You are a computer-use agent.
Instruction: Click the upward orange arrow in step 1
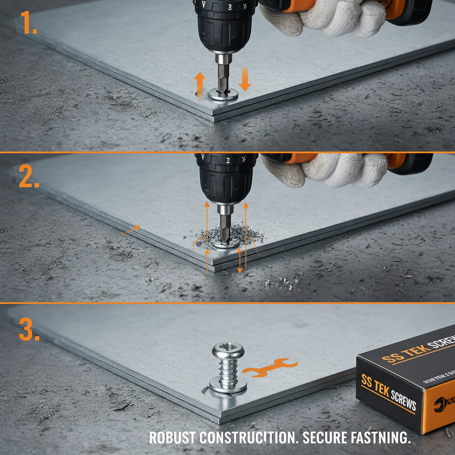pos(200,82)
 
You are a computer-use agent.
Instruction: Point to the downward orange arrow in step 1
pos(245,79)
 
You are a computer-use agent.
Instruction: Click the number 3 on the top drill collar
pos(230,7)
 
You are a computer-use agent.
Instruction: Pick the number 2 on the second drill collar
pos(228,161)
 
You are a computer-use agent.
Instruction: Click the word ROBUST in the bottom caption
pos(172,438)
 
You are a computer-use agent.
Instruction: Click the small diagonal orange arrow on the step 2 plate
pos(130,231)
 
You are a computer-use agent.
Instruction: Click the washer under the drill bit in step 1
pos(223,94)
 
